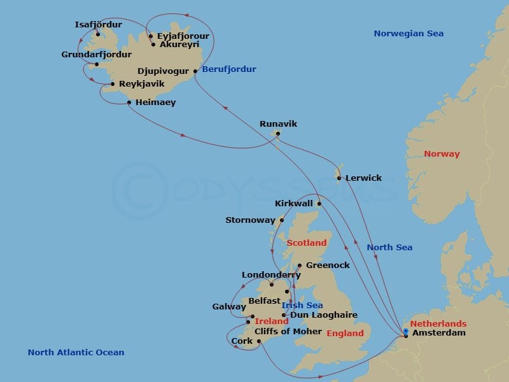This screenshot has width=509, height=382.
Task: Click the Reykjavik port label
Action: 142,84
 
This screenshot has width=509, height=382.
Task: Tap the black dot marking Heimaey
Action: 129,103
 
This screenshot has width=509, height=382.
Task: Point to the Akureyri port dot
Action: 153,45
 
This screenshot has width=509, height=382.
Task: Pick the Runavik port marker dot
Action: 277,134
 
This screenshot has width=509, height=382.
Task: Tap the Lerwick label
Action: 363,178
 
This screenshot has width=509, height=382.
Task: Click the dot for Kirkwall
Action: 319,204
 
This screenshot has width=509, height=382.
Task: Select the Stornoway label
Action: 250,220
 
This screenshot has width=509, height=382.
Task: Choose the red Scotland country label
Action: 306,243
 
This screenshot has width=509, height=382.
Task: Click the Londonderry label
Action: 271,275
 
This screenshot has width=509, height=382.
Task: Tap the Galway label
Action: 229,307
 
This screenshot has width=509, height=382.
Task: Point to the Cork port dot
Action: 259,341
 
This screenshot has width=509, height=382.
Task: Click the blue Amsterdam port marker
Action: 405,330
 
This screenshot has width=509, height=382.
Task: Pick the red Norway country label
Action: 442,154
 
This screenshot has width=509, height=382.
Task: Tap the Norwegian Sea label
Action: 408,34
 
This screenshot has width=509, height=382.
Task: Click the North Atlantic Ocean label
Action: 76,353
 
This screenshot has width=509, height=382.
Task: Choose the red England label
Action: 345,334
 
